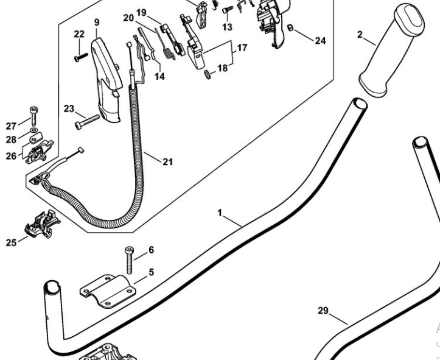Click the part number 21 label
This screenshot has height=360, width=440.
coord(168,162)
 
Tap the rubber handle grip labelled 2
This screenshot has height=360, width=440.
coord(391,51)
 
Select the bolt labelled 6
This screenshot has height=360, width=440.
coord(130,260)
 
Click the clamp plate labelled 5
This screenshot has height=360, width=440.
coord(108,291)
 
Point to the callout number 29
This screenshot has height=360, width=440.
coord(323,311)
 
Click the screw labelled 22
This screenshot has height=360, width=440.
coord(81,58)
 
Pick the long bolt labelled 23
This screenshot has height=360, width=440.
coord(87,122)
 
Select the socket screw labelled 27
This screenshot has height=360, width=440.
coord(33,116)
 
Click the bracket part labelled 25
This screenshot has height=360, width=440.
coord(42,224)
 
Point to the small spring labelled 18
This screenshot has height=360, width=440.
coord(208,75)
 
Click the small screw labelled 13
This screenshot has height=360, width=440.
coord(228,10)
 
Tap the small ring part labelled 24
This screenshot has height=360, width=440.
coord(290,27)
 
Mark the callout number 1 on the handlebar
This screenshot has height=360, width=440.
coord(220,213)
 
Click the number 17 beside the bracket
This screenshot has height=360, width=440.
coord(242,48)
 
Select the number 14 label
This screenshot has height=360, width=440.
coord(159,76)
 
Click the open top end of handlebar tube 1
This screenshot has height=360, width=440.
coord(360,104)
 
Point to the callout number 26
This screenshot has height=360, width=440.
coord(11,156)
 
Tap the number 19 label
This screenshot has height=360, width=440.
coord(141,13)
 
